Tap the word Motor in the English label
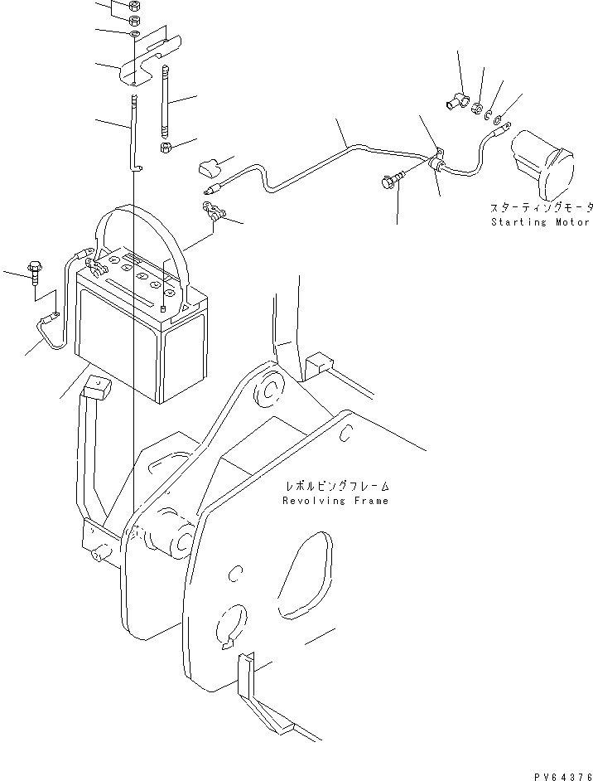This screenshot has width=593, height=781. (x=571, y=222)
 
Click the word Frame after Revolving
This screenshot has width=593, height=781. (x=369, y=501)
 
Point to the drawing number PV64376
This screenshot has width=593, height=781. (x=562, y=770)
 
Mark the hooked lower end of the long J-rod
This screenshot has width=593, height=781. (x=136, y=167)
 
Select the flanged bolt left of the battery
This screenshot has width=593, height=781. (x=35, y=272)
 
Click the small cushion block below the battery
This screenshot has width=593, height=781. (x=96, y=387)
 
